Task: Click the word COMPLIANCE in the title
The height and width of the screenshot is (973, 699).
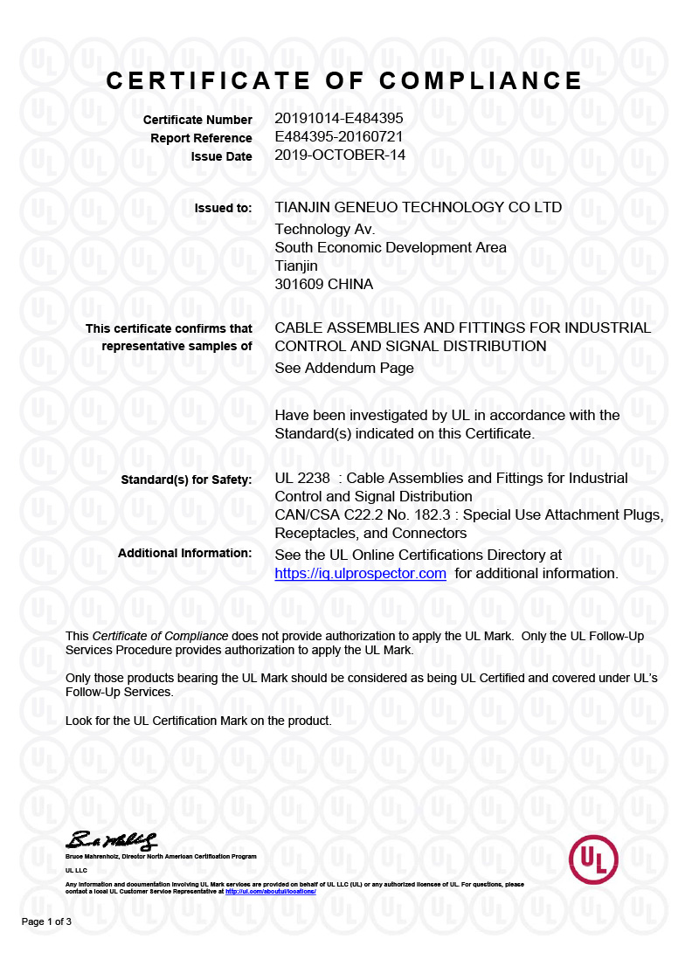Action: (481, 81)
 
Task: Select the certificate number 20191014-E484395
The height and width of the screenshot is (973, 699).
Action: (338, 118)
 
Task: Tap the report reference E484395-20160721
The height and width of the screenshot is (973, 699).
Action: (338, 137)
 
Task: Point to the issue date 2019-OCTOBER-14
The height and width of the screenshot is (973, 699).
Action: (340, 155)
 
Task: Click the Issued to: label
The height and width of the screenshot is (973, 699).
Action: (223, 208)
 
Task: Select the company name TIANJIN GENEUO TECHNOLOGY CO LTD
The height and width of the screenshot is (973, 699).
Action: (418, 208)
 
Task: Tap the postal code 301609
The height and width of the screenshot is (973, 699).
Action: (299, 284)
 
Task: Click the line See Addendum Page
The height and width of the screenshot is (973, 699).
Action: (343, 368)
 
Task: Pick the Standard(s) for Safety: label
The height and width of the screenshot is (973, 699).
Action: (186, 480)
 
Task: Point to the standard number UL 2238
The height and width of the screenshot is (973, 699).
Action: (302, 479)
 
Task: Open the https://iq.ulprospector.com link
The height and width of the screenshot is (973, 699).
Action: (360, 574)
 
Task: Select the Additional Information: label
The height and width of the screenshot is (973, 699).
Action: (184, 553)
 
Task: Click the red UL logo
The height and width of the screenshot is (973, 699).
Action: (593, 859)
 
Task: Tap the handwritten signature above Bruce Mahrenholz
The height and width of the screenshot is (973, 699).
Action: (111, 841)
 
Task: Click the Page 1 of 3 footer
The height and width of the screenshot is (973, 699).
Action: (46, 922)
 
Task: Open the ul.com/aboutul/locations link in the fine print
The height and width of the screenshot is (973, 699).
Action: (270, 891)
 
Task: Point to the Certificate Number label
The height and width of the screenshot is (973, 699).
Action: (197, 120)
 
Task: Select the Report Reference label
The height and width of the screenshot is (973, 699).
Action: (201, 138)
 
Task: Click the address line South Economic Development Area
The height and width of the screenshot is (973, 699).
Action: (390, 247)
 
